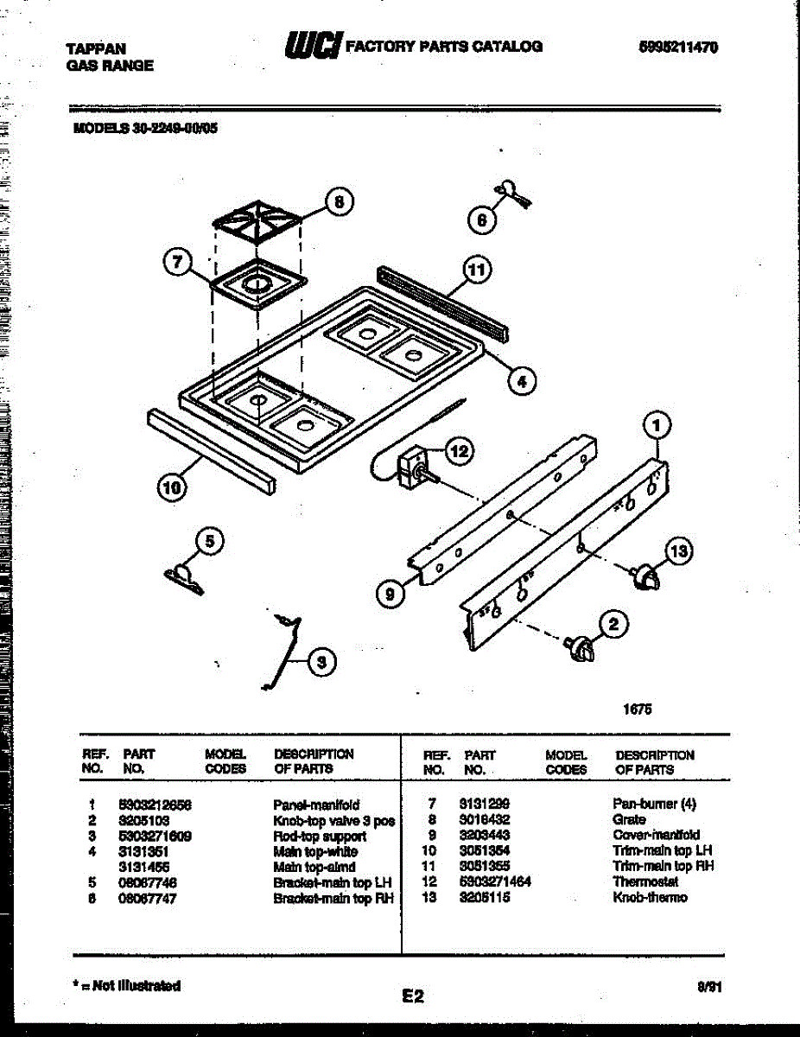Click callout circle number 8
click(x=339, y=202)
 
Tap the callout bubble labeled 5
click(x=208, y=542)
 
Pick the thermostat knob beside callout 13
click(x=644, y=577)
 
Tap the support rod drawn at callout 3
click(x=283, y=653)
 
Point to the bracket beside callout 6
click(x=511, y=192)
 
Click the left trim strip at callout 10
click(x=212, y=451)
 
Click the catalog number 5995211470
click(x=677, y=47)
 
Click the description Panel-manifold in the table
click(x=316, y=805)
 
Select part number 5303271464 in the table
click(x=495, y=881)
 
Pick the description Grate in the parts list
click(x=629, y=819)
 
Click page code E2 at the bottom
click(x=413, y=996)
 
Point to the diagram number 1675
click(x=638, y=709)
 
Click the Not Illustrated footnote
click(x=127, y=985)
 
